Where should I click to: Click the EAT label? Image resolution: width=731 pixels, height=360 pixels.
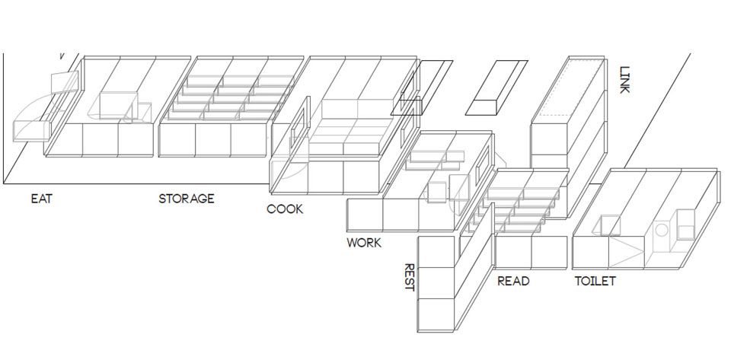pyautogui.click(x=41, y=199)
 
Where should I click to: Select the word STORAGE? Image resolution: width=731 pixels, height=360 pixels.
pyautogui.click(x=187, y=199)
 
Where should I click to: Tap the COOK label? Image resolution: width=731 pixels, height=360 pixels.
pyautogui.click(x=285, y=209)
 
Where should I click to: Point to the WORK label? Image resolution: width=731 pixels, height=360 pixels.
pyautogui.click(x=364, y=244)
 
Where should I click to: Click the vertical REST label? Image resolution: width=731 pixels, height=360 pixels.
pyautogui.click(x=409, y=277)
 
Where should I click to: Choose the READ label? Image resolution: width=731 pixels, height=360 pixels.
pyautogui.click(x=513, y=282)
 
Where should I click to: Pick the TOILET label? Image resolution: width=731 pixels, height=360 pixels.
pyautogui.click(x=595, y=282)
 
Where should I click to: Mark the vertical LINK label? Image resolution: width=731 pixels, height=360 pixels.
pyautogui.click(x=625, y=78)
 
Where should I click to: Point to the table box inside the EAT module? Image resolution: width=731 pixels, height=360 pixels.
pyautogui.click(x=113, y=106)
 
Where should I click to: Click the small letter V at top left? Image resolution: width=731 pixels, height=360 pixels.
pyautogui.click(x=62, y=56)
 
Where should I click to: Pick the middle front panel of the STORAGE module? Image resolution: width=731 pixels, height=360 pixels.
pyautogui.click(x=212, y=140)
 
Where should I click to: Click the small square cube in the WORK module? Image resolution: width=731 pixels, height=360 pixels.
pyautogui.click(x=437, y=192)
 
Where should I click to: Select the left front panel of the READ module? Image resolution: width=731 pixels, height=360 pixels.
pyautogui.click(x=513, y=252)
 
